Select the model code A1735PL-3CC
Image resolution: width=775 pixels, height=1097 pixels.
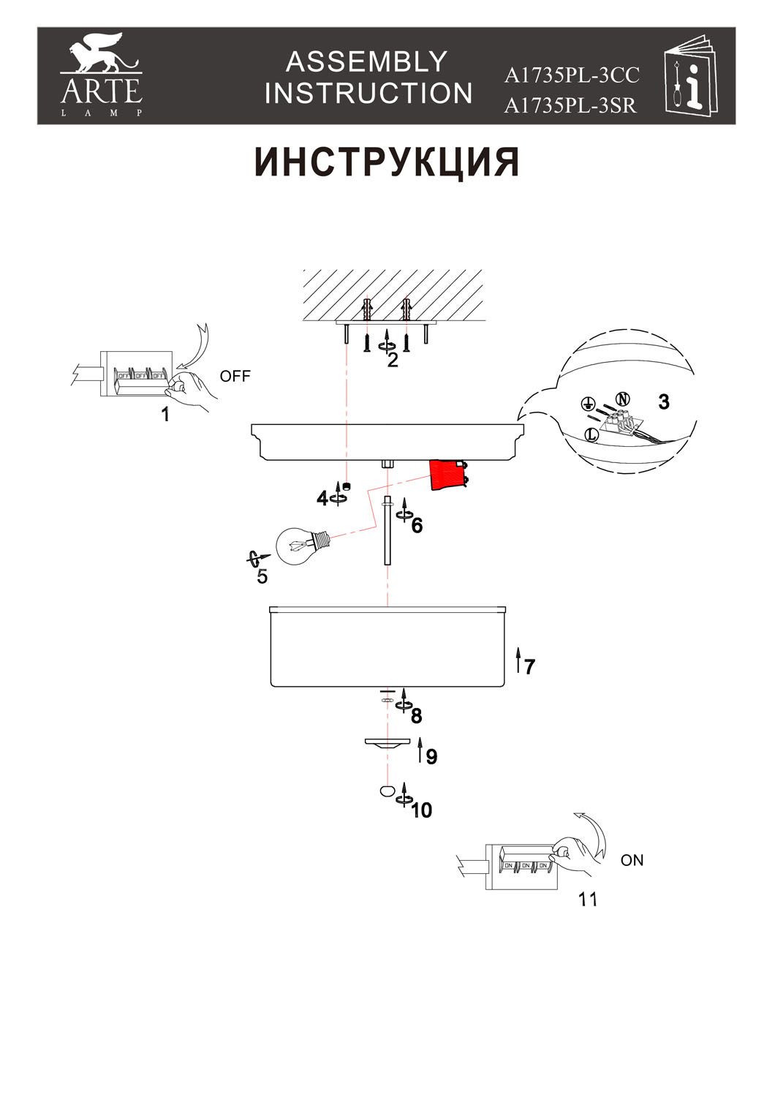pos(571,75)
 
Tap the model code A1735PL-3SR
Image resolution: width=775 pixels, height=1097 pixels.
pos(570,106)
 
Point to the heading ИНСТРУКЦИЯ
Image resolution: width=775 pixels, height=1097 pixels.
pos(387,162)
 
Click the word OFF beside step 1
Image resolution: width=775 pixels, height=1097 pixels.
pos(235,377)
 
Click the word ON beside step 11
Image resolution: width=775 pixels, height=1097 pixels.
pos(632,860)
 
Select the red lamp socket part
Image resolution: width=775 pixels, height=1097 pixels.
pos(447,475)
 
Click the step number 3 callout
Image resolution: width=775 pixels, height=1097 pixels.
pos(663,402)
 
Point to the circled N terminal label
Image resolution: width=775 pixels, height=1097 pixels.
pos(622,399)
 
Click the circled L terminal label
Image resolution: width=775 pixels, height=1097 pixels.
pos(592,434)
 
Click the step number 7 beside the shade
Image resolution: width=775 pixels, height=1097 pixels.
pos(529,666)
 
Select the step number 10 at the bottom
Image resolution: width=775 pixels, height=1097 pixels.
pos(422,810)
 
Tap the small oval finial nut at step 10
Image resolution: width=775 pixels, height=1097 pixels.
pos(386,791)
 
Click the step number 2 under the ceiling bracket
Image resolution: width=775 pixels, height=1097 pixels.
pos(393,360)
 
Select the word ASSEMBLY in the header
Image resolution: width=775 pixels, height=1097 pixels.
pos(366,62)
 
